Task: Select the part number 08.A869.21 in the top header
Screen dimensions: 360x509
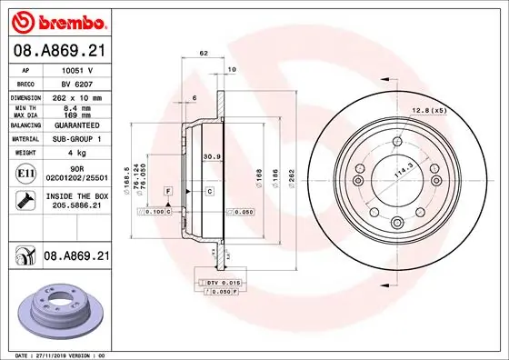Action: coord(57,50)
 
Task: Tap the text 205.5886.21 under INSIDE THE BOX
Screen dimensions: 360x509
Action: coord(75,205)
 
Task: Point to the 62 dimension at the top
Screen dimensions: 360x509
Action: coord(204,55)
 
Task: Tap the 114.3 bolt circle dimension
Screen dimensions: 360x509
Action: coord(397,169)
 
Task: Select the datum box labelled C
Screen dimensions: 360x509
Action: coord(208,191)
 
